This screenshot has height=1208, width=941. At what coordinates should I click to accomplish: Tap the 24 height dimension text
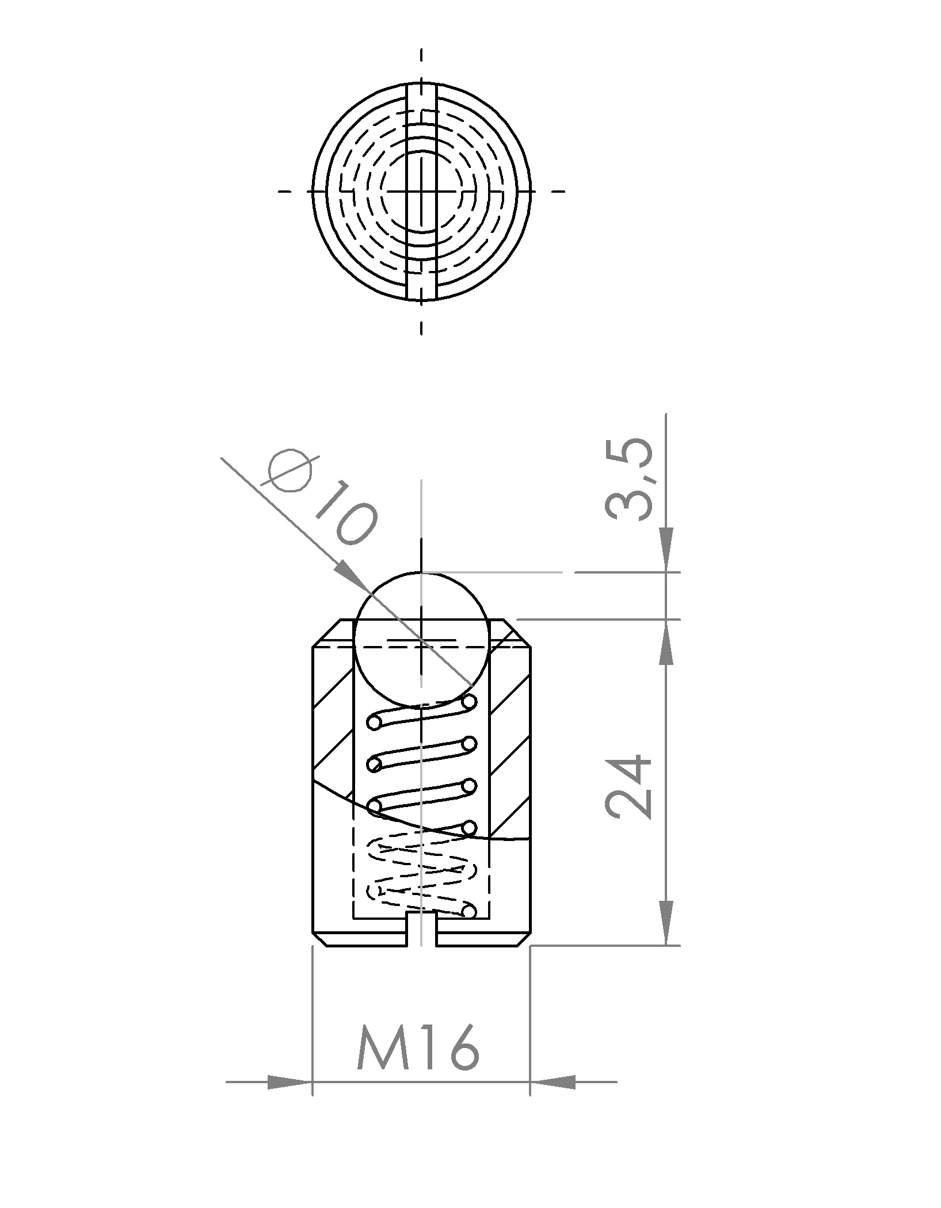pyautogui.click(x=628, y=785)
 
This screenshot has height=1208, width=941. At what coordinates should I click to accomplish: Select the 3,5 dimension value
pyautogui.click(x=628, y=480)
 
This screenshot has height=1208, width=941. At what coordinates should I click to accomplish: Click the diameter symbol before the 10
pyautogui.click(x=291, y=471)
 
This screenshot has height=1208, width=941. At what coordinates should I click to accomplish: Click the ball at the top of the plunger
pyautogui.click(x=422, y=639)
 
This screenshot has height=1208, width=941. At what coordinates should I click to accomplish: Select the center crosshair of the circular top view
pyautogui.click(x=422, y=190)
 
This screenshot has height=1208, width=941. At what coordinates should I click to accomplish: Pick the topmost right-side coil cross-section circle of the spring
pyautogui.click(x=469, y=701)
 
